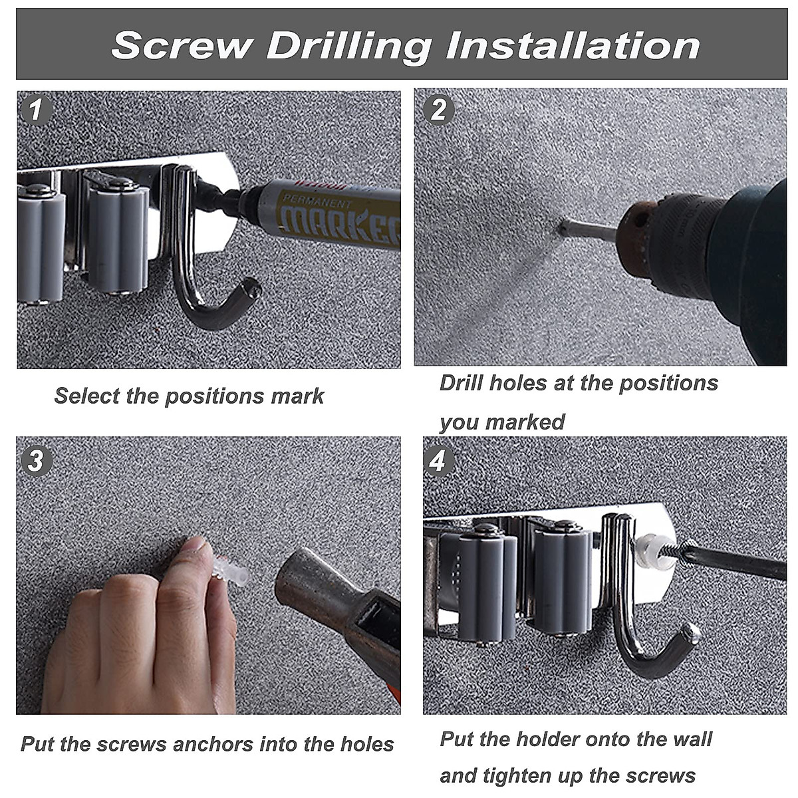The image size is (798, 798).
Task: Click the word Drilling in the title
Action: coord(349,47)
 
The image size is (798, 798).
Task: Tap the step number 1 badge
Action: coord(36,110)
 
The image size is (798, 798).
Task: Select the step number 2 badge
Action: coord(438,110)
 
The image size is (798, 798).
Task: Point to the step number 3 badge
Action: coord(36,460)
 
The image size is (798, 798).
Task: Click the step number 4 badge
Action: coord(438,460)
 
